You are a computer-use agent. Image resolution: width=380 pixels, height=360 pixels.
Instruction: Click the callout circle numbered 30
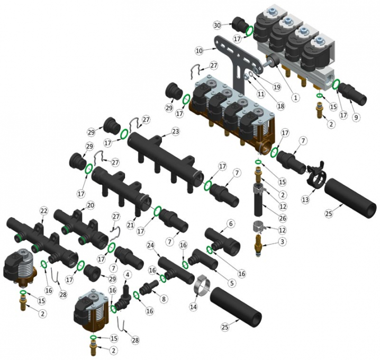point(218,25)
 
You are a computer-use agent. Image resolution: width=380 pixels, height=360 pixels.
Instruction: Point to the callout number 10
point(199,51)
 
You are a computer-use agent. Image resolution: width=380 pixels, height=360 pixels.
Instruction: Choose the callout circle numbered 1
point(295,97)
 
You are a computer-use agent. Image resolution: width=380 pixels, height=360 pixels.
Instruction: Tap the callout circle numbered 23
point(176,131)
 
